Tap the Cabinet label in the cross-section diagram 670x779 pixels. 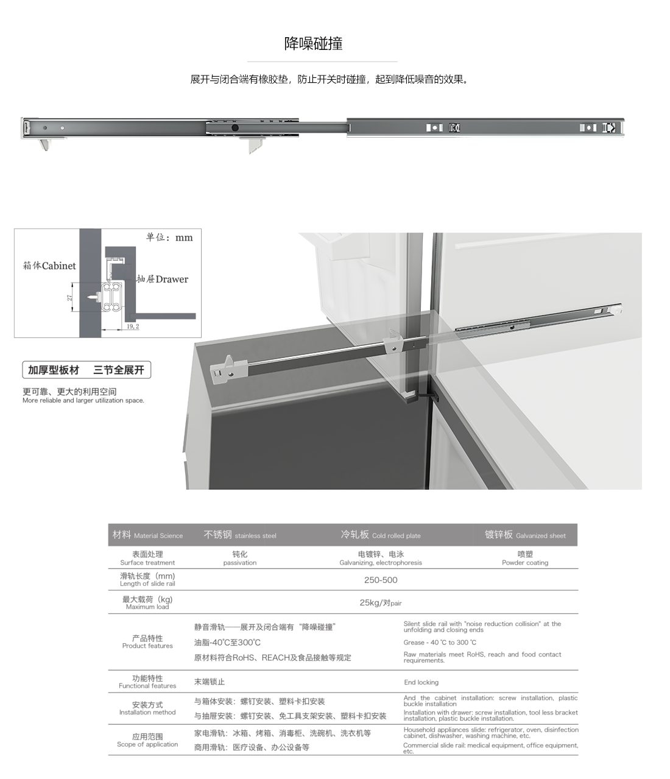[50, 266]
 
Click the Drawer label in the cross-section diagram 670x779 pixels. [163, 280]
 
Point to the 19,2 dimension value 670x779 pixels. [133, 327]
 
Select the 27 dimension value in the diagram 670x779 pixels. [69, 298]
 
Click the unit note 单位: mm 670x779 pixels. [169, 238]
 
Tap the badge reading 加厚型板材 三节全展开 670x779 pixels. [86, 370]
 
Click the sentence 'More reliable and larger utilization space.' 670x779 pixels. [83, 401]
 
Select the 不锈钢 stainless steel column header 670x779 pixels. [239, 535]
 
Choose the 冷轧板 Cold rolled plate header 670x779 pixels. [381, 535]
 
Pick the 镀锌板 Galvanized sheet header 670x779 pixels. [525, 535]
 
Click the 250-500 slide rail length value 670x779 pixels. [381, 580]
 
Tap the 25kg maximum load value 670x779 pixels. [381, 603]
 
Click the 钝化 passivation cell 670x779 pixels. [240, 558]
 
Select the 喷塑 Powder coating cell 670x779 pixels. [525, 558]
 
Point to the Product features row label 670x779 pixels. [147, 642]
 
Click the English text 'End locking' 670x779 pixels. [421, 683]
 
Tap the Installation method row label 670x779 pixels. [147, 708]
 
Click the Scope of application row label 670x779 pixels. [147, 740]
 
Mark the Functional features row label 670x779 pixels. [147, 682]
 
